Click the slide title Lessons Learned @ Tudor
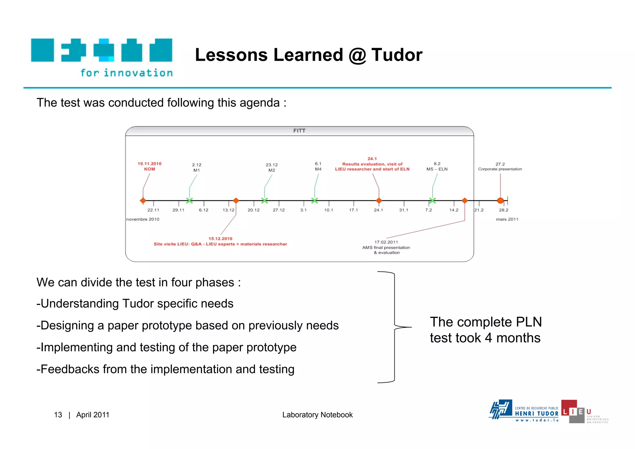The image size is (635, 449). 309,55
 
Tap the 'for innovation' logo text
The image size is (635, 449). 127,73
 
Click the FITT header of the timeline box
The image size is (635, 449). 299,131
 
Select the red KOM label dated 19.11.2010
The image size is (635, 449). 149,166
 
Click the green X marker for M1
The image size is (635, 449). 189,200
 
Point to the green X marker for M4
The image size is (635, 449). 314,200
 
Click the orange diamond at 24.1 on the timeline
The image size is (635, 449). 379,200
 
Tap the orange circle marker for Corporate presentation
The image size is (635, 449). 500,200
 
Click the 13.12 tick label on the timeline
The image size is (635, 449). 229,210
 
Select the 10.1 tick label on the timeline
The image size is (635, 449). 328,210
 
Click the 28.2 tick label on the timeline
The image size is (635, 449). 504,210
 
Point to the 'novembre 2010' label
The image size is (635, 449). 143,219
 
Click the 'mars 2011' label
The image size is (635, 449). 507,219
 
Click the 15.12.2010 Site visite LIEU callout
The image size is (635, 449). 220,241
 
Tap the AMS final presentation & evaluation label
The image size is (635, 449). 386,248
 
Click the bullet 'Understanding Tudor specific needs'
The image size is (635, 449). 135,303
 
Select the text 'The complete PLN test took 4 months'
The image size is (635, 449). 486,330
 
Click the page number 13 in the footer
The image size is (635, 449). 58,415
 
